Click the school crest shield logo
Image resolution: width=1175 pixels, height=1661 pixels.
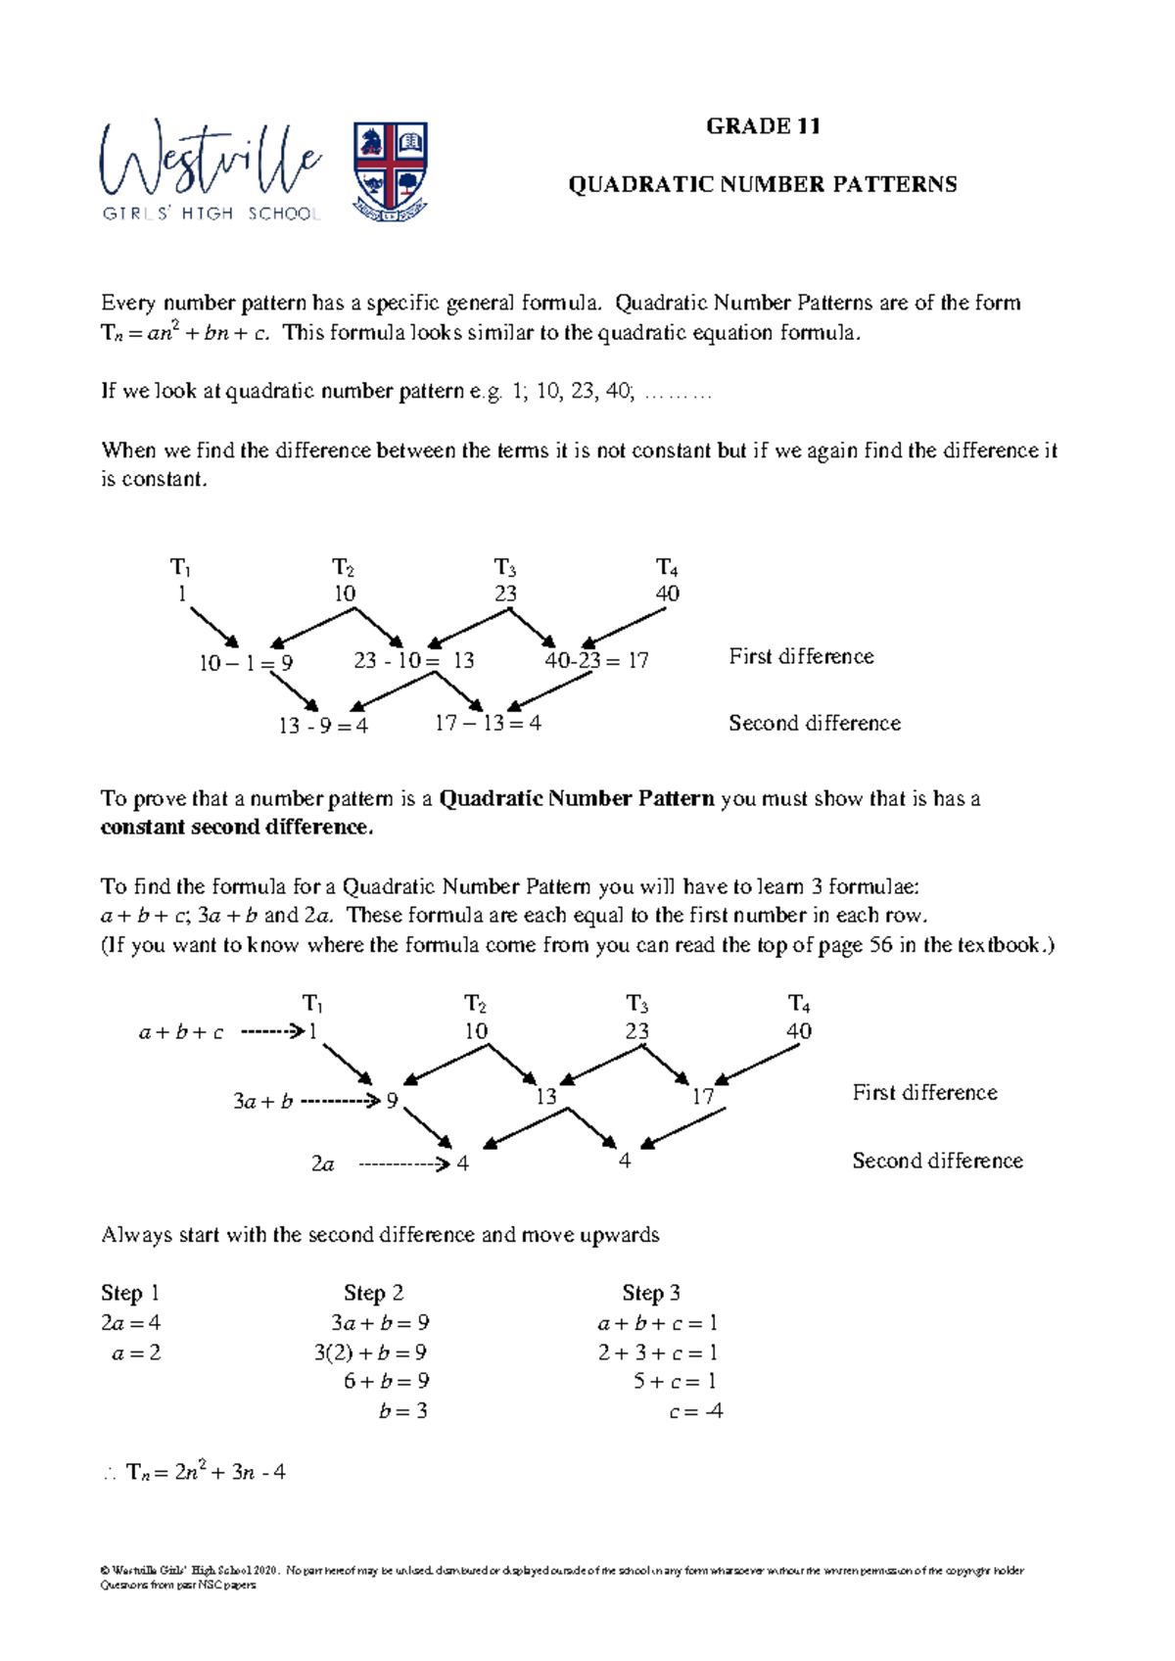coord(390,170)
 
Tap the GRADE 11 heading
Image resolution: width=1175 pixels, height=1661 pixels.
coord(763,126)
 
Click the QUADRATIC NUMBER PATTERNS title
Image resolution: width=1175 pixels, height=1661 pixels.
coord(763,184)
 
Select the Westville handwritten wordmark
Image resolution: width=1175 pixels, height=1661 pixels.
coord(210,162)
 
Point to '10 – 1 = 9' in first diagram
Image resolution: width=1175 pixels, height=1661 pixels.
coord(246,663)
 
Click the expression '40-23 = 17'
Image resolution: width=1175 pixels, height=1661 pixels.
coord(596,661)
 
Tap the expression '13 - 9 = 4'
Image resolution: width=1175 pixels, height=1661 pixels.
coord(323,726)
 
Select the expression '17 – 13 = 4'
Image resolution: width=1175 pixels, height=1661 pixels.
coord(488,724)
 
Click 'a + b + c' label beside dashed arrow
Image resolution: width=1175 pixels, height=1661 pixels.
coord(181,1032)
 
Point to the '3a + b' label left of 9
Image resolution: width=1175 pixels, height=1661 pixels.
coord(262,1102)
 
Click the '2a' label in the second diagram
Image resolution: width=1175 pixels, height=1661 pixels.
coord(323,1163)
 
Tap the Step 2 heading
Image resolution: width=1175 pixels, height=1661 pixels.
coord(373,1293)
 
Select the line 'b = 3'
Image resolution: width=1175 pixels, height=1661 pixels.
coord(402,1411)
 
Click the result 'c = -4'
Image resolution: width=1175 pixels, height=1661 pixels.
coord(695,1411)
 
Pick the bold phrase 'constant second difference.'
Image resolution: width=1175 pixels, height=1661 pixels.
coord(237,828)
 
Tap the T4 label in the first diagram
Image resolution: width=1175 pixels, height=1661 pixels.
coord(667,567)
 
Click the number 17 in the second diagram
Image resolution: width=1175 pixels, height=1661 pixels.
coord(703,1097)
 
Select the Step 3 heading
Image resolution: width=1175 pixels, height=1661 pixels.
coord(651,1293)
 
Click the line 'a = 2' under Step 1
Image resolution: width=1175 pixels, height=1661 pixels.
coord(136,1353)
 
